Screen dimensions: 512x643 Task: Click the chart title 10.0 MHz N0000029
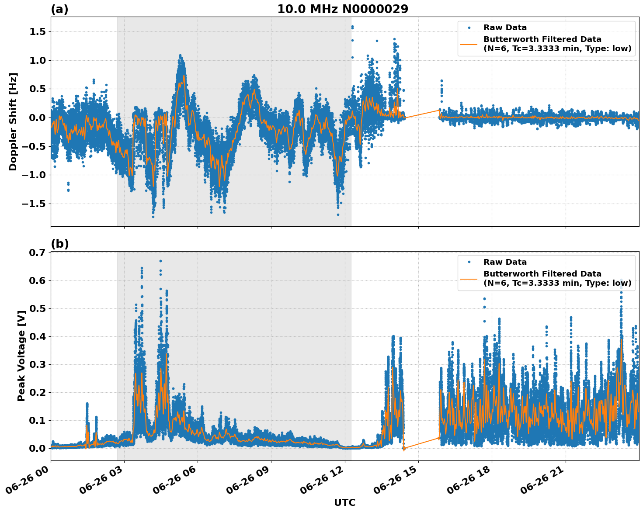click(x=342, y=9)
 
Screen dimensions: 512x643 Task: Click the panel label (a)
click(x=59, y=9)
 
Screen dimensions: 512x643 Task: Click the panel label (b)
click(x=59, y=244)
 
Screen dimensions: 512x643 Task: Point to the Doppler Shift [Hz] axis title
click(x=13, y=121)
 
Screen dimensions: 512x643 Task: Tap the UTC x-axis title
click(x=344, y=502)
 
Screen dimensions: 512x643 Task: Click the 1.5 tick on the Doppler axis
click(x=39, y=31)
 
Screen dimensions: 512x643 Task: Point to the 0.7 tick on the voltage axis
click(x=39, y=253)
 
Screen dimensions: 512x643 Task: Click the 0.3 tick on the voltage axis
click(x=39, y=364)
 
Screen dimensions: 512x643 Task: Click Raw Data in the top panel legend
click(x=505, y=28)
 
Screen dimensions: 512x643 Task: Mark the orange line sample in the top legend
click(x=469, y=44)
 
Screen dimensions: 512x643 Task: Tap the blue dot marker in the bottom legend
click(x=469, y=262)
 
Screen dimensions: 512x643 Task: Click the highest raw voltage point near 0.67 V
click(x=160, y=261)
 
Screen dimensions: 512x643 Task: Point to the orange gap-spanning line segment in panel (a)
click(x=422, y=114)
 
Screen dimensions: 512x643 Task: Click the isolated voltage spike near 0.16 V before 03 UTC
click(x=87, y=404)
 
